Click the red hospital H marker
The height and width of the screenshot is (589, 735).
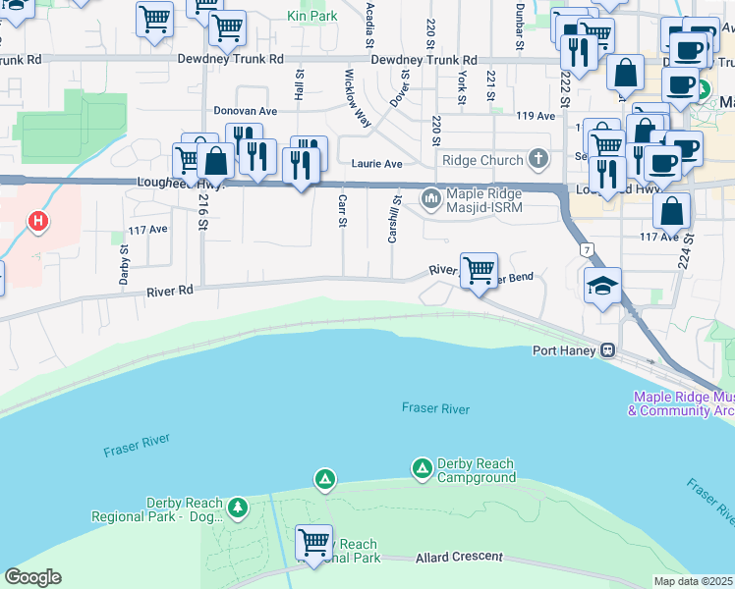click(38, 222)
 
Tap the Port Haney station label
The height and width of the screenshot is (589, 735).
click(565, 350)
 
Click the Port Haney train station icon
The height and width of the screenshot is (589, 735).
click(608, 350)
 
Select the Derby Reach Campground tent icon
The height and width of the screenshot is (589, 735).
click(422, 468)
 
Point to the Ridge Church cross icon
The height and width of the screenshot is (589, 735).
click(537, 159)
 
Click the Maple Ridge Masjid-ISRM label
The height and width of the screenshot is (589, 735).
click(483, 200)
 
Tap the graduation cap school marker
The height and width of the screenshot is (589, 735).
click(602, 287)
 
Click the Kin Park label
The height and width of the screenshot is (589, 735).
click(311, 16)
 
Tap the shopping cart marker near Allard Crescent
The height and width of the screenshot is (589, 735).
click(313, 541)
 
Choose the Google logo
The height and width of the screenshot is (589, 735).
click(32, 577)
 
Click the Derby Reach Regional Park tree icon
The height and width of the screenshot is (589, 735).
click(236, 508)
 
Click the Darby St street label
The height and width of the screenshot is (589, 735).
click(125, 263)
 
